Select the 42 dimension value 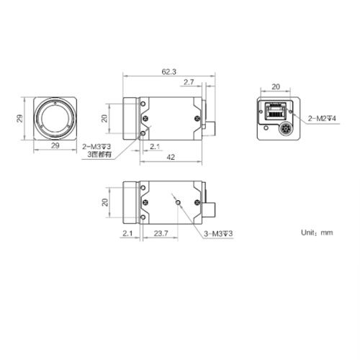[x=170, y=156]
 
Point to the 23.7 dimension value [x=161, y=233]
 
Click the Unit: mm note [x=317, y=233]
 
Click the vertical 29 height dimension [x=21, y=117]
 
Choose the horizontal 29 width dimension [x=55, y=146]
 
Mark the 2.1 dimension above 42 [x=154, y=146]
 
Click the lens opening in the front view [x=55, y=117]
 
